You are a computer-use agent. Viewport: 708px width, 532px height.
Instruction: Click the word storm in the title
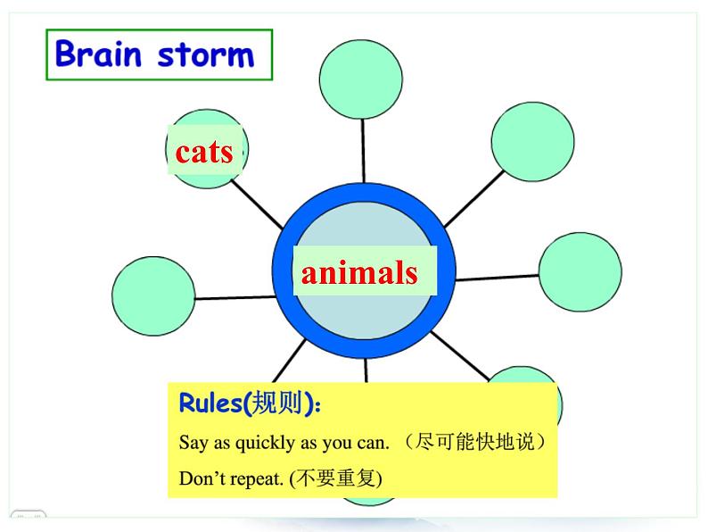click(205, 55)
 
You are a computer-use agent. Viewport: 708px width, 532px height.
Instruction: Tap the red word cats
click(204, 152)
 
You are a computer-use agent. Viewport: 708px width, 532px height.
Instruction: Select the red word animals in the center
click(359, 272)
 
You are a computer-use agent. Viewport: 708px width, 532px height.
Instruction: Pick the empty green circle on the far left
click(154, 296)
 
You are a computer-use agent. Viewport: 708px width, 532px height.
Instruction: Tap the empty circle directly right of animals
click(580, 272)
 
